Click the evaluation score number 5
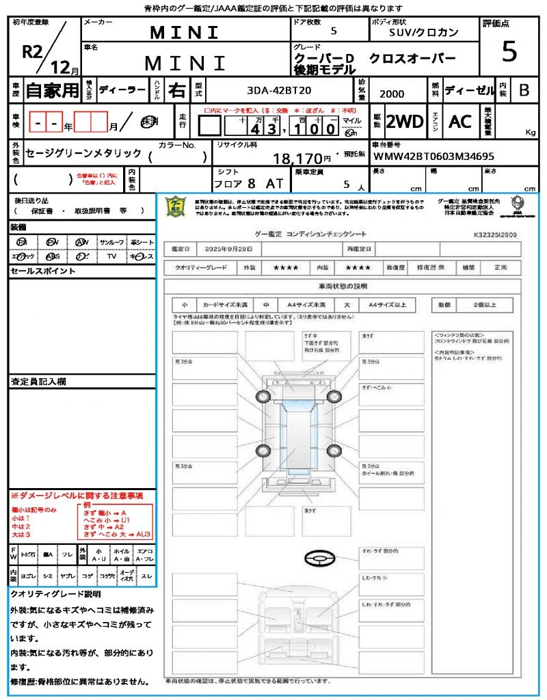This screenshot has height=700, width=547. (509, 52)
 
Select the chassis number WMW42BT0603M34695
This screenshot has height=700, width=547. (433, 157)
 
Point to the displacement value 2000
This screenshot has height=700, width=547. (391, 94)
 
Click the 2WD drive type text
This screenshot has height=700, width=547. (405, 122)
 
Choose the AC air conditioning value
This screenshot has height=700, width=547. (460, 122)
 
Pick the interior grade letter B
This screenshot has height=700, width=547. (524, 90)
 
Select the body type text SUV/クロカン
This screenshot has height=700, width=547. (424, 32)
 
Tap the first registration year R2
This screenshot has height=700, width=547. (34, 53)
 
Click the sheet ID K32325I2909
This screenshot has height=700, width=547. (495, 234)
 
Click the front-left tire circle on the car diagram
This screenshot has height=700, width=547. (263, 397)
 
